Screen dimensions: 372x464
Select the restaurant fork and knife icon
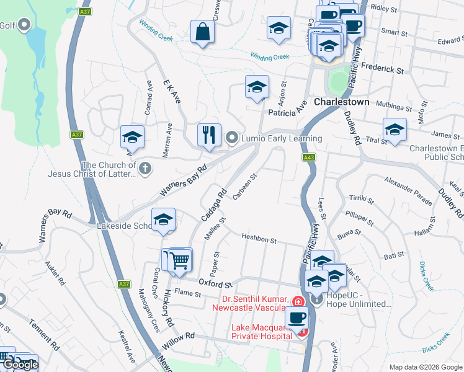coord(209,135)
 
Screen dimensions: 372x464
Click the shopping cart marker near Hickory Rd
coord(180,260)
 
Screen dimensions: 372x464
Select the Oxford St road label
coord(215,283)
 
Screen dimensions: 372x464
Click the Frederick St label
coord(382,69)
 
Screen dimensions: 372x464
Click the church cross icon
coord(145,167)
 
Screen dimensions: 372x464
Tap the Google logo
coord(20,365)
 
